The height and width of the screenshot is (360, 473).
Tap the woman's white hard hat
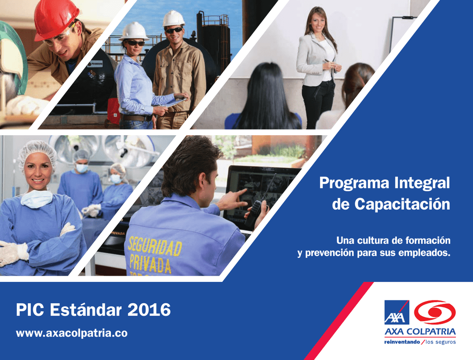pyautogui.click(x=134, y=31)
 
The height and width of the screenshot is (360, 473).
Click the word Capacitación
pyautogui.click(x=402, y=204)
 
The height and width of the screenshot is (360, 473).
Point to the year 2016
pyautogui.click(x=149, y=310)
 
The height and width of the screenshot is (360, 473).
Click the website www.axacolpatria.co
pyautogui.click(x=72, y=333)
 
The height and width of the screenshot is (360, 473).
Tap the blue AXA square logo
pyautogui.click(x=397, y=312)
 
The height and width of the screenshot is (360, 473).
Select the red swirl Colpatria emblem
pyautogui.click(x=435, y=312)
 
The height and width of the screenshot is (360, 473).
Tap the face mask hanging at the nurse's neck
pyautogui.click(x=36, y=199)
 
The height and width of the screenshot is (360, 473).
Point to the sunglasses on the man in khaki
pyautogui.click(x=174, y=30)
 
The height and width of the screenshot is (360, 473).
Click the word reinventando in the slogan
pyautogui.click(x=402, y=342)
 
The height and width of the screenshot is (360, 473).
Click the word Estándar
pyautogui.click(x=86, y=310)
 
